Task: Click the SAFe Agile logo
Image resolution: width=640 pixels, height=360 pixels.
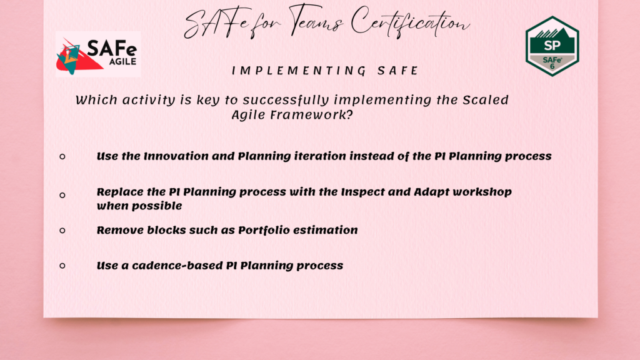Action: pyautogui.click(x=98, y=54)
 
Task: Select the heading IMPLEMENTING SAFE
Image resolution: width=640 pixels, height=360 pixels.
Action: pyautogui.click(x=325, y=71)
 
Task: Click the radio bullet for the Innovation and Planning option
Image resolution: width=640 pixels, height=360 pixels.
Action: pyautogui.click(x=62, y=156)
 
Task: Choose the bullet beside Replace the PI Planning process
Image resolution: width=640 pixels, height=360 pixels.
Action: pyautogui.click(x=62, y=196)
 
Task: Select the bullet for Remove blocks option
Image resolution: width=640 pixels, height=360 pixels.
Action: pyautogui.click(x=62, y=230)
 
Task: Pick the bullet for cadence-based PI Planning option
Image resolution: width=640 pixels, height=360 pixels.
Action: pyautogui.click(x=62, y=266)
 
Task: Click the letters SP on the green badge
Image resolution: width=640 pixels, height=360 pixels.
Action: pyautogui.click(x=552, y=46)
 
